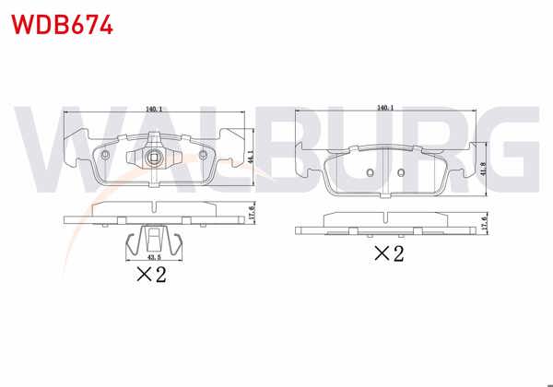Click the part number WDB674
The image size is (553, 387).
[62, 25]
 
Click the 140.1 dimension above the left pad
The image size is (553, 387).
[154, 107]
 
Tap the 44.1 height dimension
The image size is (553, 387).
[252, 158]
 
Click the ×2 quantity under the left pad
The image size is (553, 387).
[149, 275]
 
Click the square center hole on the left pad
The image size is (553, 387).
[155, 158]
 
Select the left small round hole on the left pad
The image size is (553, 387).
[107, 155]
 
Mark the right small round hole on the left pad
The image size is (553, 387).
[203, 155]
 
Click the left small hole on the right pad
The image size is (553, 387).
[369, 172]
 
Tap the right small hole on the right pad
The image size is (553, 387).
[401, 172]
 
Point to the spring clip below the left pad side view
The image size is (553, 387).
[153, 240]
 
